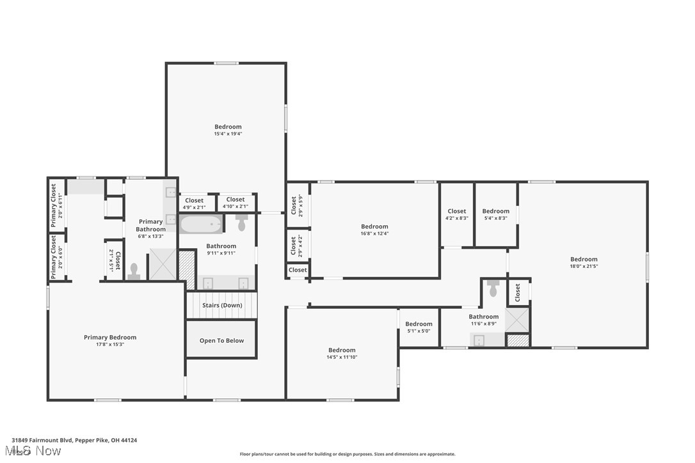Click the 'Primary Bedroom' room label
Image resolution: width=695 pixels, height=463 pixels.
[110, 338]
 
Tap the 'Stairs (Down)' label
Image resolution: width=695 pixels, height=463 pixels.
[222, 306]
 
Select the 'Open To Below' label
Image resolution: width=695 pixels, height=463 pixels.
[221, 341]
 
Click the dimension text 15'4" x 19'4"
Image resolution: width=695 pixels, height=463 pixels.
[228, 134]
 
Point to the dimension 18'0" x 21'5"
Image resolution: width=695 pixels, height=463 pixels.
[584, 267]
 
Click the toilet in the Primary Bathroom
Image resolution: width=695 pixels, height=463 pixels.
[134, 271]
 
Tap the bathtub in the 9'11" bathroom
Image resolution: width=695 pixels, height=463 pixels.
[201, 224]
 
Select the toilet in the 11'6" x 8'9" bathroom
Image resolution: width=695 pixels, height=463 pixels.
[493, 289]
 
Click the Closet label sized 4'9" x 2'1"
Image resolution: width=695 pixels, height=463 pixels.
[194, 200]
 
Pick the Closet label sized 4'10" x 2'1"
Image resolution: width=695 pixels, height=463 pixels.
[235, 200]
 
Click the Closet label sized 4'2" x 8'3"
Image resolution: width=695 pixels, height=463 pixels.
[457, 211]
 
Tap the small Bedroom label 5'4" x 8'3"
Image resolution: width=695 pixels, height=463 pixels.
[495, 211]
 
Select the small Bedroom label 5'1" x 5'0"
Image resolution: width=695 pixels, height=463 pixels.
[419, 324]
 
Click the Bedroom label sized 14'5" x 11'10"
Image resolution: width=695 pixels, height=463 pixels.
[342, 350]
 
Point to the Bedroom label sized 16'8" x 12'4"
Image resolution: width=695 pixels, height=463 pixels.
[374, 226]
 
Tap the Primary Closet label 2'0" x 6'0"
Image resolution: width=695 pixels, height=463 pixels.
[54, 257]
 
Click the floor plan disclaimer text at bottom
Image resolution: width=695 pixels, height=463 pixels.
[347, 454]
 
